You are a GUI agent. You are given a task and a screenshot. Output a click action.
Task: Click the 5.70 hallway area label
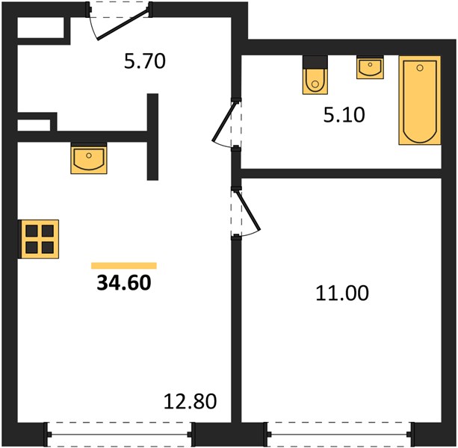(x=145, y=61)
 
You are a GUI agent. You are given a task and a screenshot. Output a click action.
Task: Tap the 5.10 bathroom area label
(x=344, y=115)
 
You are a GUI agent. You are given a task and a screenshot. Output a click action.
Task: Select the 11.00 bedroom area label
(x=342, y=293)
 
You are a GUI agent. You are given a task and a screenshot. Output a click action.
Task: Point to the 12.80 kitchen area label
(x=191, y=401)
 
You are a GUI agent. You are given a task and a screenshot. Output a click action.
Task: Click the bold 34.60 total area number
(x=124, y=283)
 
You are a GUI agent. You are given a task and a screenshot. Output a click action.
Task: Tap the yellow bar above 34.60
(x=124, y=266)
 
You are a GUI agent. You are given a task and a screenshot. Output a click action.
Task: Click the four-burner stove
(x=39, y=239)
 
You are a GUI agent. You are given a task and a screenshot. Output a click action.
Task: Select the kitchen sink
(x=89, y=158)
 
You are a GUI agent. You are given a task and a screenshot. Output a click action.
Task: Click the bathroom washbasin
(x=370, y=67)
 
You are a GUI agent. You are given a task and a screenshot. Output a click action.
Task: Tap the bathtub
(x=420, y=100)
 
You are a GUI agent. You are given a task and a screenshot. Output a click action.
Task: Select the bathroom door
(x=227, y=124)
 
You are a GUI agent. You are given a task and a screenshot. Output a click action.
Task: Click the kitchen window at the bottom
(x=120, y=435)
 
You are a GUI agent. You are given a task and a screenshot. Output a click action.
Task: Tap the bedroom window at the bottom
(x=340, y=435)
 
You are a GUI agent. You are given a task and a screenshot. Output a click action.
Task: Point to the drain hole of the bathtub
(x=420, y=68)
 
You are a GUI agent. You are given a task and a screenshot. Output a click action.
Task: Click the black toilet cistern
(x=315, y=62)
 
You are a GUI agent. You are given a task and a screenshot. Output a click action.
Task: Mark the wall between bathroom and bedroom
(x=341, y=174)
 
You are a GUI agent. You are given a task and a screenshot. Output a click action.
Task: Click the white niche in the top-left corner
(x=40, y=28)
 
